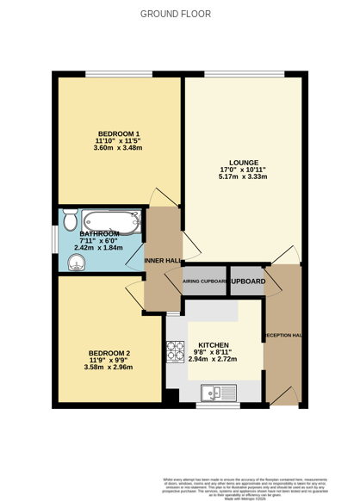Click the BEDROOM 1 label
[x=119, y=133]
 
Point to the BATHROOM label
[x=99, y=233]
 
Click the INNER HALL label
[x=163, y=260]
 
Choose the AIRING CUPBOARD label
[x=205, y=281]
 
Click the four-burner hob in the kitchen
[x=176, y=352]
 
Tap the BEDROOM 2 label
[x=110, y=353]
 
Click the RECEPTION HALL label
[x=283, y=335]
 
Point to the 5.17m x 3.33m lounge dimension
[x=244, y=177]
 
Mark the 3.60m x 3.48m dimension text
[x=118, y=149]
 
